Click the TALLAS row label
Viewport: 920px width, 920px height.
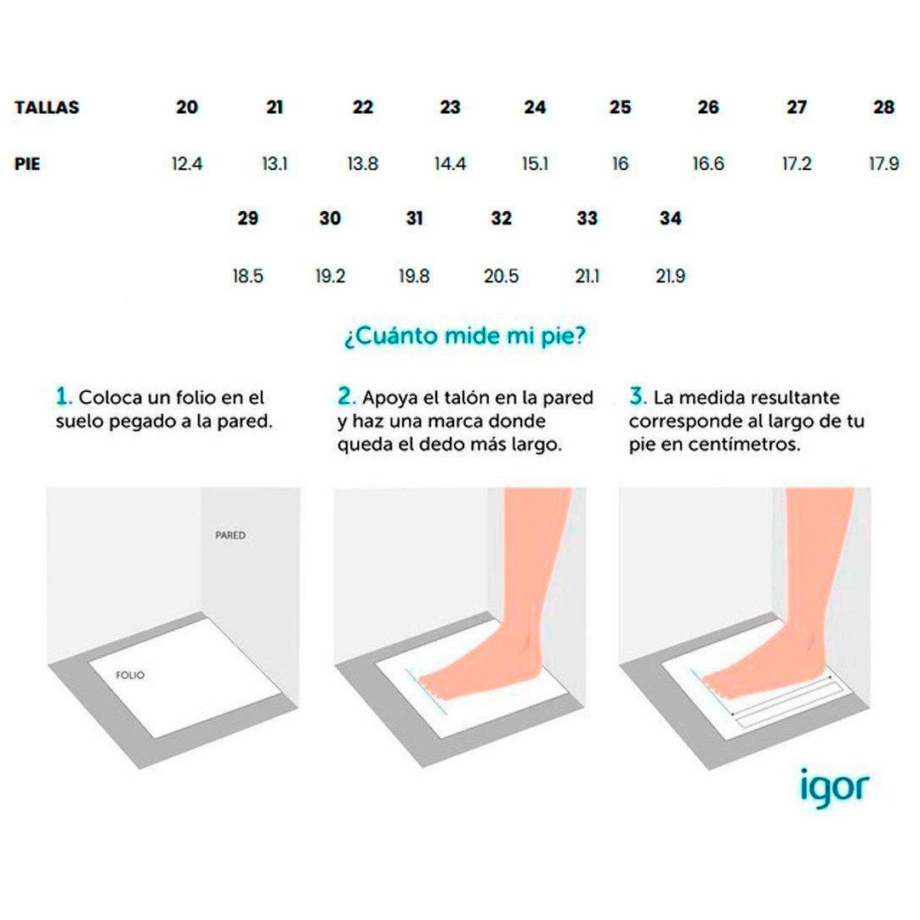(47, 107)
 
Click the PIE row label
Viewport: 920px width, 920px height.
(27, 164)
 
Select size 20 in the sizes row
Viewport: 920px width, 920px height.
(187, 107)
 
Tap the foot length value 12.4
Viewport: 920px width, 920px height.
(187, 164)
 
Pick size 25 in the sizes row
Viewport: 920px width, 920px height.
(620, 107)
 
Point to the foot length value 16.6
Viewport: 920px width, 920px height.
(708, 164)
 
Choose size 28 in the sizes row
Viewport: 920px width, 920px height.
(883, 107)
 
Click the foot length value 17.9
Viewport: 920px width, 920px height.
(883, 164)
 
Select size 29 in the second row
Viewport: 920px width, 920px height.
(248, 219)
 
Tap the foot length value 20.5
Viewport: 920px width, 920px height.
(501, 275)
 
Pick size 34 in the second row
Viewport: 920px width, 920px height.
(671, 219)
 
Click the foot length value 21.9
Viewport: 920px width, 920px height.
(671, 275)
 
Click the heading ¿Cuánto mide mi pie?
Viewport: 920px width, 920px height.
(465, 337)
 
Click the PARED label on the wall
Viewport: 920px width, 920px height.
(230, 536)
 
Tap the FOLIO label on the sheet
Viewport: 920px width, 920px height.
(130, 675)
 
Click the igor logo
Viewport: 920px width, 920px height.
(834, 787)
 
